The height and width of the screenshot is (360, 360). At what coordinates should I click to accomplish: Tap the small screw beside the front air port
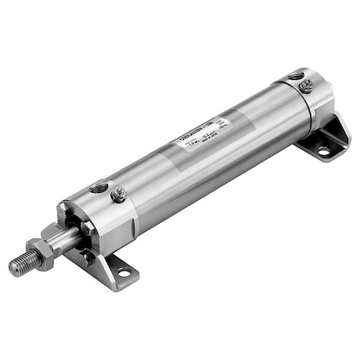119,193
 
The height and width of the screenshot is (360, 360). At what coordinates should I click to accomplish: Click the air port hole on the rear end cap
298,76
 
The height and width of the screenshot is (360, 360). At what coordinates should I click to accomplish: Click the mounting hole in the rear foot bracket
323,150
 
